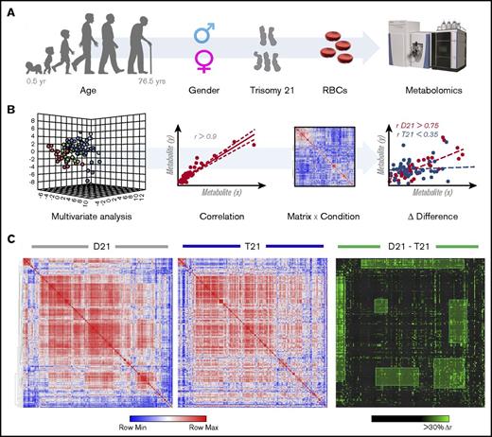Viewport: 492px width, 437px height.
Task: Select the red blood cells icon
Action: pyautogui.click(x=346, y=48)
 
